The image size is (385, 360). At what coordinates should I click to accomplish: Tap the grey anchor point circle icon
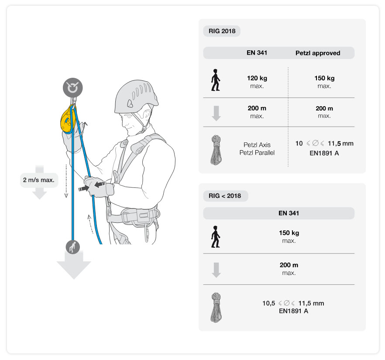point(72,88)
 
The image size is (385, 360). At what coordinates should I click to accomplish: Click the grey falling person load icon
point(72,247)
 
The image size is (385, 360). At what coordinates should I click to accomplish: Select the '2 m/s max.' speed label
point(39,180)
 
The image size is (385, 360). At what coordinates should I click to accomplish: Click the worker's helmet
point(136,97)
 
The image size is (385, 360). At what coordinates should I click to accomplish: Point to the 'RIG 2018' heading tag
point(222,31)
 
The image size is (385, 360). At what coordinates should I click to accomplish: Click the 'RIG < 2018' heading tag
point(225,196)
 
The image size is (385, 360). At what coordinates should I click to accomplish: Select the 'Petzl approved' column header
point(318,53)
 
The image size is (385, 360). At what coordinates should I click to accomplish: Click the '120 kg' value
point(257,78)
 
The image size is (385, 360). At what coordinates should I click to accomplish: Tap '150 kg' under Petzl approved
point(324,78)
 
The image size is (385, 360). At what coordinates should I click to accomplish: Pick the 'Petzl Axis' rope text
point(257,145)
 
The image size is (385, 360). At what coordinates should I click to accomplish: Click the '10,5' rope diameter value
point(269,303)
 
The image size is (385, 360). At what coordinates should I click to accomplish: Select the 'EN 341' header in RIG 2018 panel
point(257,53)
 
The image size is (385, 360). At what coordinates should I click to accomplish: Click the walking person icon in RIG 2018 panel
point(216,80)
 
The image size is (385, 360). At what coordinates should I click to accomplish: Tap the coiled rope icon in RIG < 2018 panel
point(216,308)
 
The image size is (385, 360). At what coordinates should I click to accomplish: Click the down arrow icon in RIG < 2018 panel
point(216,270)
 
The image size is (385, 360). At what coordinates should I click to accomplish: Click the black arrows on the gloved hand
point(92,186)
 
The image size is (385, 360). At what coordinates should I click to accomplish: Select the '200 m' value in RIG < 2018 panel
point(289,265)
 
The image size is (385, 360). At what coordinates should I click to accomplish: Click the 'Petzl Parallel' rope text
point(257,152)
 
